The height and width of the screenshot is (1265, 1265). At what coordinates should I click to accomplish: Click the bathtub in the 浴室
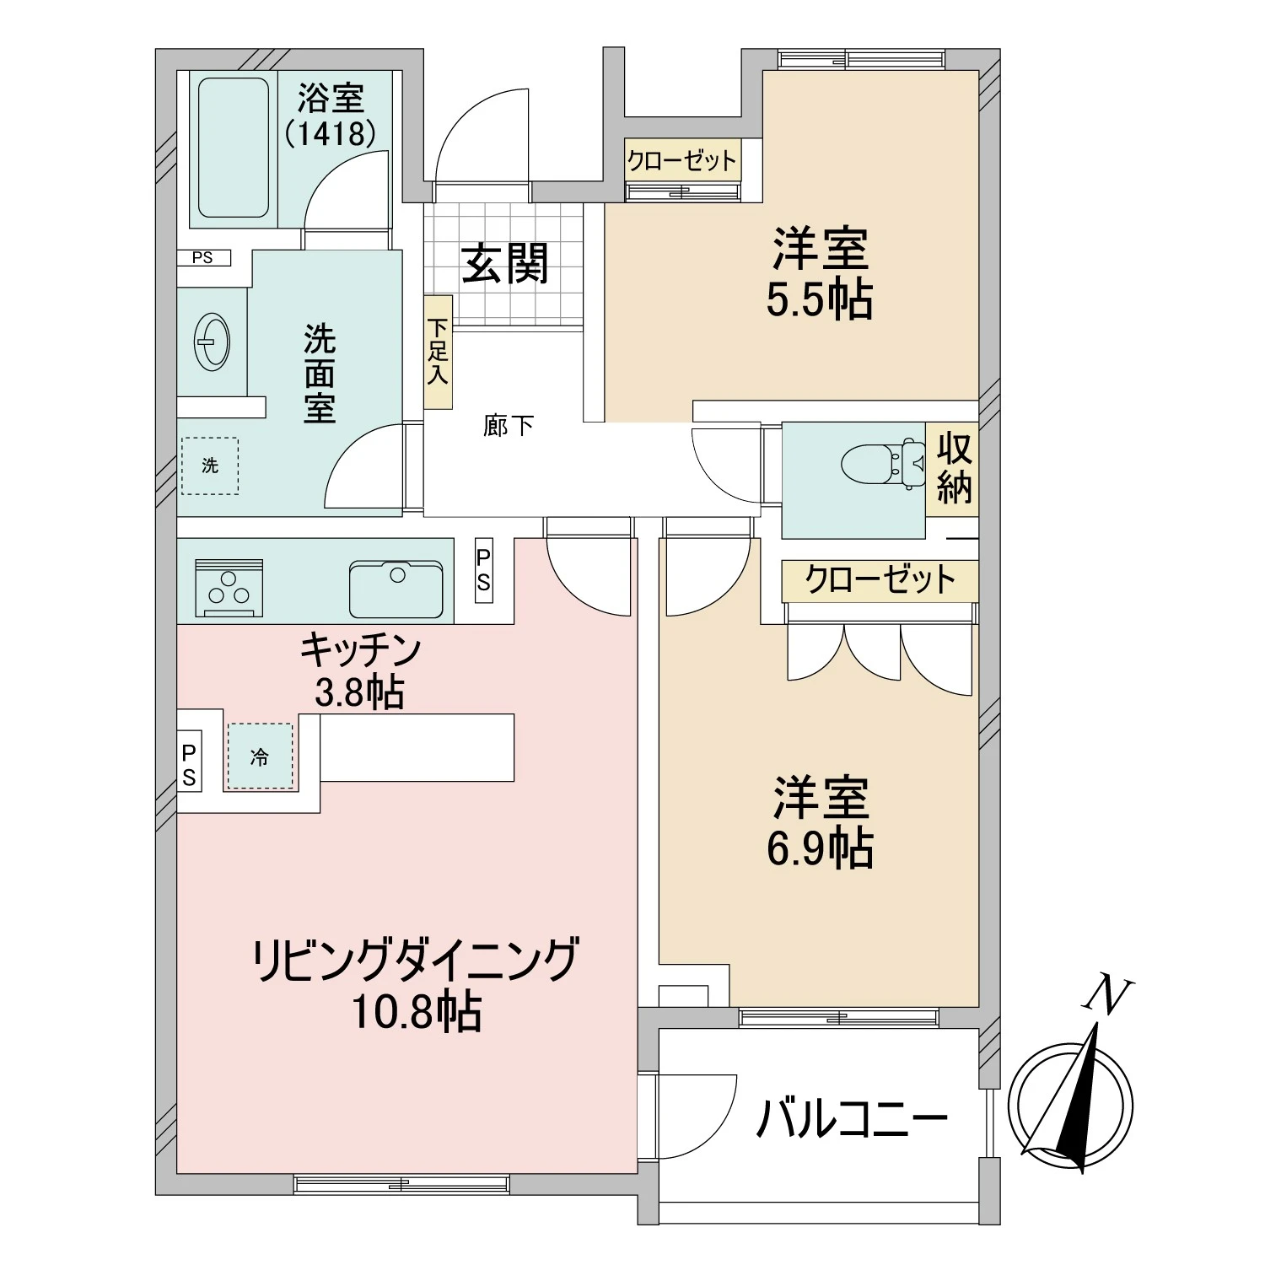[x=233, y=148]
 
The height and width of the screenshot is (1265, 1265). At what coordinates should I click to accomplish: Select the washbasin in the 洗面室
[x=212, y=342]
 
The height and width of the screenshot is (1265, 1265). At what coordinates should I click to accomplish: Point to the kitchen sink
[x=396, y=588]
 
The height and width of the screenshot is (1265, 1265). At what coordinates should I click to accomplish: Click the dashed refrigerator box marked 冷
[x=260, y=756]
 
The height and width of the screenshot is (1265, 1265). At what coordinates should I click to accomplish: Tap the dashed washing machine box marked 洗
[x=210, y=465]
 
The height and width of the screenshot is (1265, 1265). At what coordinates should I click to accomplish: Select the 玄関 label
[x=505, y=263]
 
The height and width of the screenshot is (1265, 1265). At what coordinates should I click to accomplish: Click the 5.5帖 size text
[x=820, y=300]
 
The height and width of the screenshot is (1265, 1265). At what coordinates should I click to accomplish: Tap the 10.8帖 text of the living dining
[x=417, y=1011]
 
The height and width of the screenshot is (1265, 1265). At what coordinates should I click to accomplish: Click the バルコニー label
[x=852, y=1118]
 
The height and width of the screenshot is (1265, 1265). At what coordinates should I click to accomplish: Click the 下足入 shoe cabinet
[x=438, y=352]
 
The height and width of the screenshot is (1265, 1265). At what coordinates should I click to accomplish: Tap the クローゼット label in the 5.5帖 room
[x=682, y=160]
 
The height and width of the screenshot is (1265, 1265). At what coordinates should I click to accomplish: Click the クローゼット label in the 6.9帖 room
[x=880, y=580]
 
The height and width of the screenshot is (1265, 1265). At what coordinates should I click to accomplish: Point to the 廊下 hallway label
[x=508, y=426]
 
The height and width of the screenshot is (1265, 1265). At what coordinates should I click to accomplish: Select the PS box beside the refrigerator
[x=189, y=765]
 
